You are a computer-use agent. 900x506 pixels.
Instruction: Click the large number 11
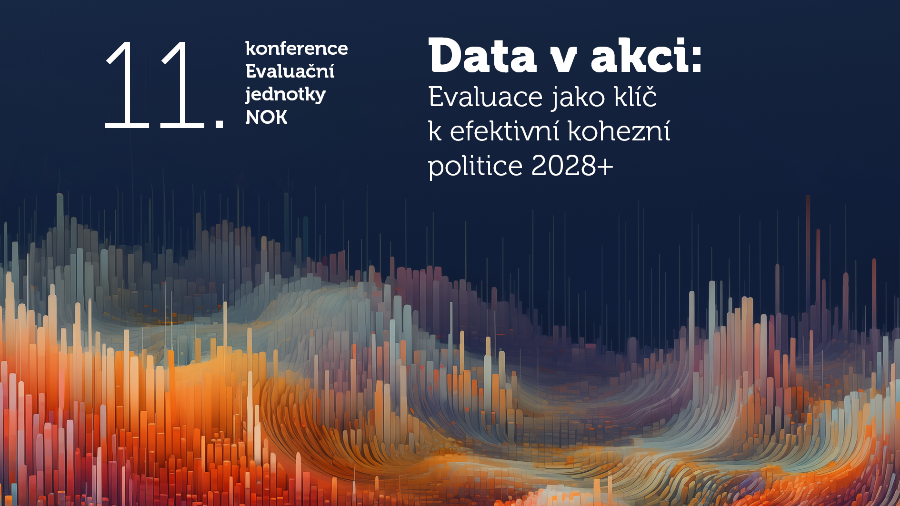click(155, 85)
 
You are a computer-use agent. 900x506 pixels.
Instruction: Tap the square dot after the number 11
click(220, 123)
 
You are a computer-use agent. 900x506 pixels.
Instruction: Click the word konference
click(296, 49)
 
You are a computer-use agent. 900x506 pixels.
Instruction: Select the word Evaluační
click(290, 71)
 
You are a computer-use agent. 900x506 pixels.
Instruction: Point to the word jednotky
click(285, 94)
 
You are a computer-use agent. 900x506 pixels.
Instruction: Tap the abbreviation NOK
click(266, 117)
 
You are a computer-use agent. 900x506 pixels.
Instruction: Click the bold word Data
click(482, 56)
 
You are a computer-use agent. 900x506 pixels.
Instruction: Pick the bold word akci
click(638, 56)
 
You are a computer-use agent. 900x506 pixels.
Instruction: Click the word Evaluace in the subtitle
click(485, 97)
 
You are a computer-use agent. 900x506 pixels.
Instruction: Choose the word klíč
click(635, 97)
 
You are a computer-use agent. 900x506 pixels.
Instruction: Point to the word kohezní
click(619, 131)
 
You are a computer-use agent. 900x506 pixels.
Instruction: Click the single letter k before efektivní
click(434, 131)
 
